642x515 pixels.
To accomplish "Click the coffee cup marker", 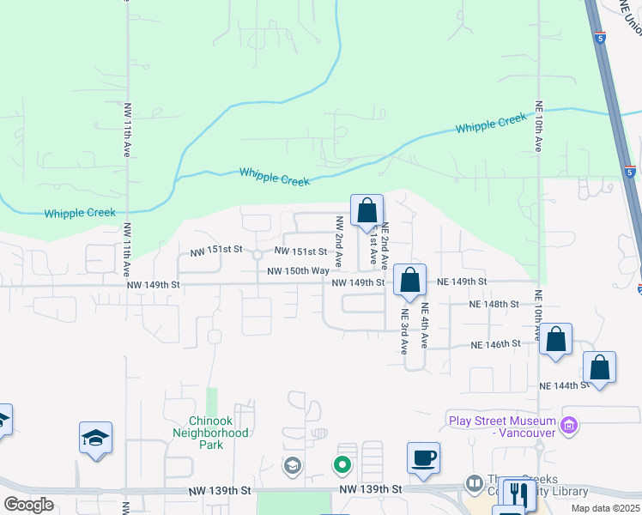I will [x=423, y=457].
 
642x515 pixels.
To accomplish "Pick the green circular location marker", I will [x=342, y=466].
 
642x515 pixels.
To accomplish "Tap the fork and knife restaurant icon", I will [x=518, y=494].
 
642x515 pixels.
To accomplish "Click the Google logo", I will [x=28, y=506].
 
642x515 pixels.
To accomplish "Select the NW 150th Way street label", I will [x=298, y=271].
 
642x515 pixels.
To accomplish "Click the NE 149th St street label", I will [x=462, y=282].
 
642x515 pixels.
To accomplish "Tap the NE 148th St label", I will [x=494, y=305].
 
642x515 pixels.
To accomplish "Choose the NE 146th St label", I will [x=495, y=344].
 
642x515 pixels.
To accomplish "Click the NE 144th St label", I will [x=563, y=386].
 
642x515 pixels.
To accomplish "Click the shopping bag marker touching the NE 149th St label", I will [x=410, y=281].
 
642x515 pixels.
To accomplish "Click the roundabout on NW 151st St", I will [x=257, y=254].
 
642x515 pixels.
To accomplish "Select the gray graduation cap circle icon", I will [x=292, y=466].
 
